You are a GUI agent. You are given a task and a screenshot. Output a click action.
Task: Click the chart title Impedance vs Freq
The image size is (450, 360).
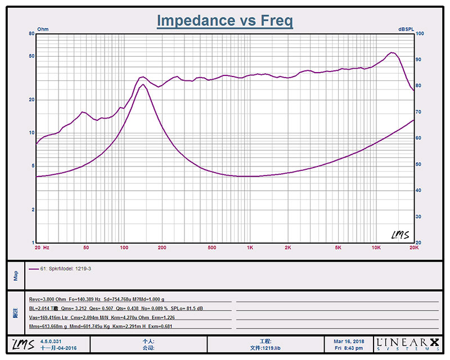[x=224, y=21]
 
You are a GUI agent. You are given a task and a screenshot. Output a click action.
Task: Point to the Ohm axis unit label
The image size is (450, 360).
[x=43, y=29]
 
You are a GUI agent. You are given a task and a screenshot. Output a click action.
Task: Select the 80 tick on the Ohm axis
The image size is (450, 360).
[x=31, y=34]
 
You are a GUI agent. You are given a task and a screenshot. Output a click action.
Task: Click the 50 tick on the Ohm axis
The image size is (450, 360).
[x=31, y=56]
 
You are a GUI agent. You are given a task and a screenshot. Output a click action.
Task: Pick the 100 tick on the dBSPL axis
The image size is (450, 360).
[x=419, y=34]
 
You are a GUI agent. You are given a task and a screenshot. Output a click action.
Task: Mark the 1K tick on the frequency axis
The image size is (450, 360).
[x=250, y=247]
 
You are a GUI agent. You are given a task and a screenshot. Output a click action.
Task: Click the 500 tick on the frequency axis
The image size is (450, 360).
[x=212, y=247]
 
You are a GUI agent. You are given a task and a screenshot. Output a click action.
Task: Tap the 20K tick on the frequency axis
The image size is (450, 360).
[x=413, y=247]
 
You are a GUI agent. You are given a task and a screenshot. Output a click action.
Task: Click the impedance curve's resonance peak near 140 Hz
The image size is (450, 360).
[x=143, y=85]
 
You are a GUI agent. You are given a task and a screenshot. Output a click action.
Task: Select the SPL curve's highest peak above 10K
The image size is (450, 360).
[x=391, y=53]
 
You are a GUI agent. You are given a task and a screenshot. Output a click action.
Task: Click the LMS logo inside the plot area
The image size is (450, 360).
[x=399, y=234]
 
